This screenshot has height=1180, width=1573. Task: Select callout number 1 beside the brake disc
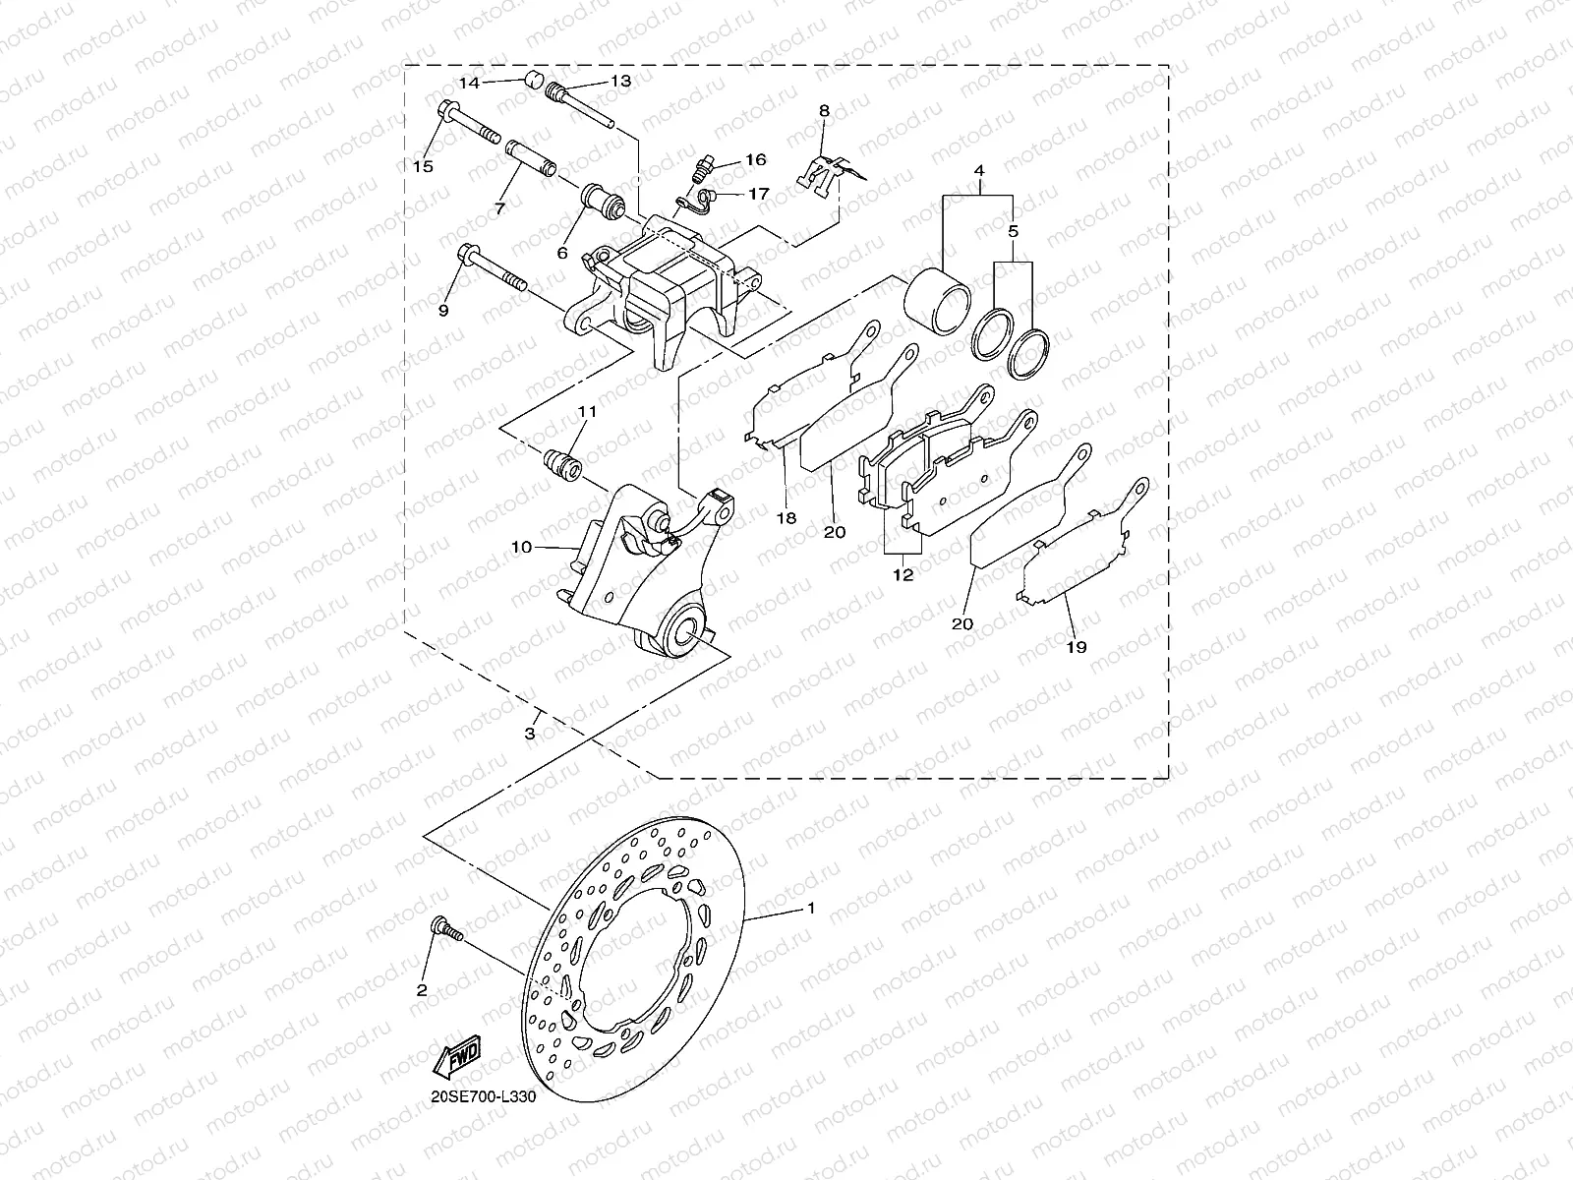point(811,908)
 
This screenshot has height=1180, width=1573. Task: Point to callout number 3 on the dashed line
point(530,734)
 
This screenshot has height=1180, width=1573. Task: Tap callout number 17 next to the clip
point(759,195)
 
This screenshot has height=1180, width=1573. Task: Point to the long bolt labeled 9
point(491,272)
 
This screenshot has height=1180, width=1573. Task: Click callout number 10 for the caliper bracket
point(520,546)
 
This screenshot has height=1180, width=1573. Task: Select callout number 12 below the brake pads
point(903,575)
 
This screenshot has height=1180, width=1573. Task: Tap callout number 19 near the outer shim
point(1076,648)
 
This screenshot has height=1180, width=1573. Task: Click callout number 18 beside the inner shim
point(785,517)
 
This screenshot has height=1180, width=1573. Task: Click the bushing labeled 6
point(602,206)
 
